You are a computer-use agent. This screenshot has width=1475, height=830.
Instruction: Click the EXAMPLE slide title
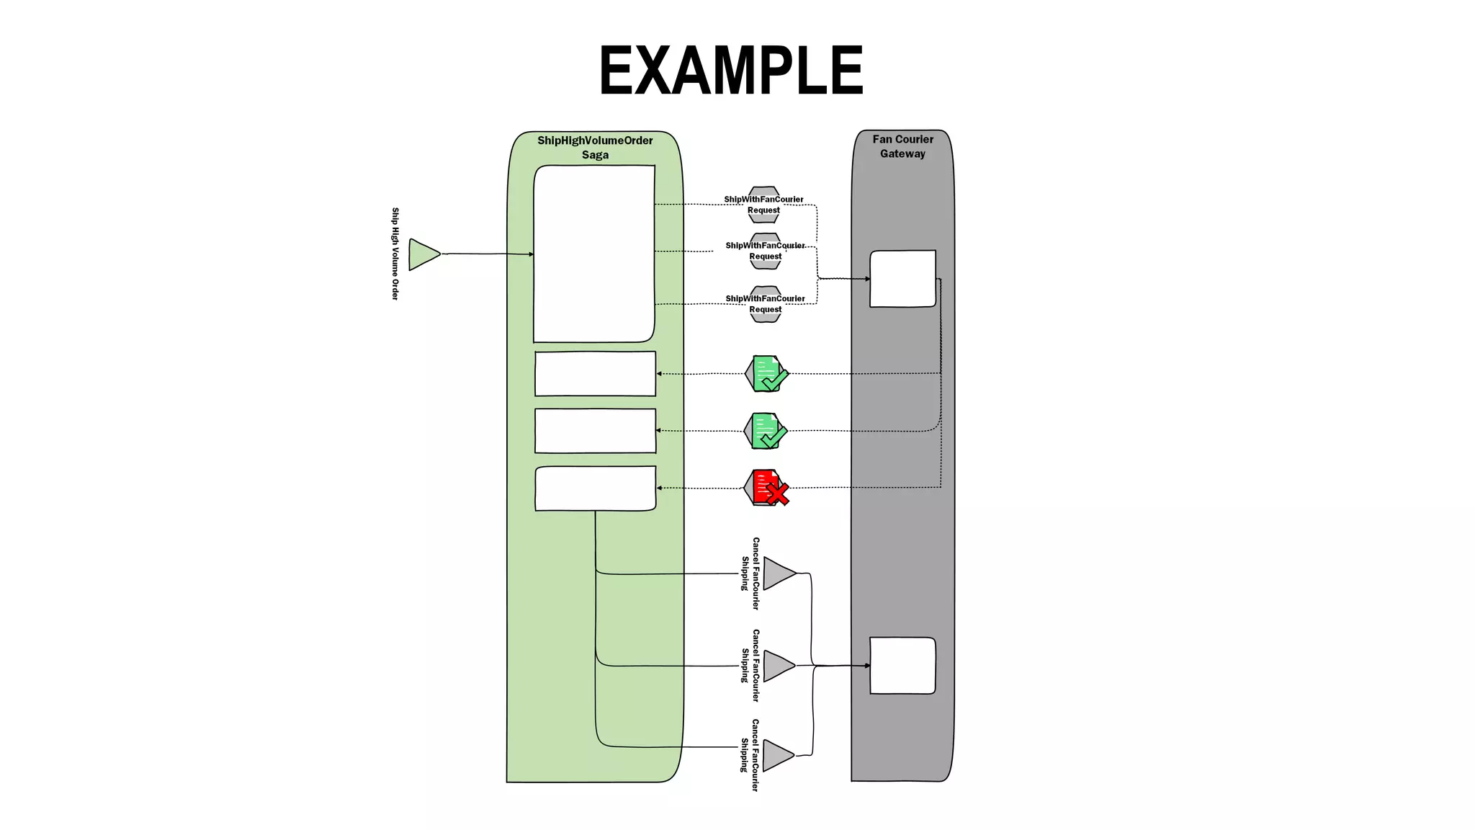(730, 71)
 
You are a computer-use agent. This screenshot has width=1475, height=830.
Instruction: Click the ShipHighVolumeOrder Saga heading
(595, 147)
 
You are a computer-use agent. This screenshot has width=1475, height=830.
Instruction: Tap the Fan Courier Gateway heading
(902, 146)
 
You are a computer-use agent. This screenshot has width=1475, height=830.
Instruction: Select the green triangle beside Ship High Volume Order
(423, 254)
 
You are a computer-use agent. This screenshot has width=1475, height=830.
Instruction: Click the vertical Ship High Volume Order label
(395, 254)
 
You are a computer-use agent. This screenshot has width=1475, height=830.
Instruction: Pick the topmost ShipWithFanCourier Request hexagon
(763, 205)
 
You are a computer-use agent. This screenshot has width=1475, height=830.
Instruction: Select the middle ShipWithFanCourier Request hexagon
(765, 251)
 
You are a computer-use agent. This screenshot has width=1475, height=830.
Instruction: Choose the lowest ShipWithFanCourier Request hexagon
(765, 304)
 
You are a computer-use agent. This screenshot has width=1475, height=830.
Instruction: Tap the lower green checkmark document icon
(766, 431)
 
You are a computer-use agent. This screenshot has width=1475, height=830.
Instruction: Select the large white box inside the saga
(594, 254)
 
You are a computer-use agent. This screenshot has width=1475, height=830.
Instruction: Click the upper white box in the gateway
(902, 279)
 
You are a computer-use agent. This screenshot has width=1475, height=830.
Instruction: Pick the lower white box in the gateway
(902, 666)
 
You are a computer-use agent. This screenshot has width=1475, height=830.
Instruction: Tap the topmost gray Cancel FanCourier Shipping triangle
(777, 574)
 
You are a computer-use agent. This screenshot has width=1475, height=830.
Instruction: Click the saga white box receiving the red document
(595, 488)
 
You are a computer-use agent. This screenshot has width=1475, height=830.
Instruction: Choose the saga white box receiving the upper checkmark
(595, 374)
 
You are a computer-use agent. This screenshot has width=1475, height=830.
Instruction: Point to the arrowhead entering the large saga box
(532, 254)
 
